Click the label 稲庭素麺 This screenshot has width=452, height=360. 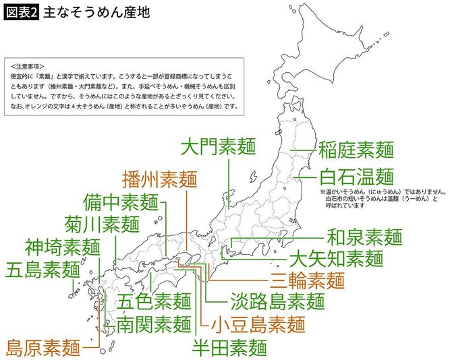[x=356, y=148]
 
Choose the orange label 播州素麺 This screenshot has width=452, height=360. [x=160, y=179]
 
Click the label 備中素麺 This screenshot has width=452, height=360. [x=121, y=202]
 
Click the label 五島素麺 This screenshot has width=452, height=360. [x=43, y=270]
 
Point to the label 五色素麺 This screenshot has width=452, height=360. [x=154, y=301]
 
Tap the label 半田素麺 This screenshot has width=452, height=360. [x=229, y=348]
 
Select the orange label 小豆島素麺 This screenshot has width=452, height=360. [x=258, y=324]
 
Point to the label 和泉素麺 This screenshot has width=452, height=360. [x=364, y=237]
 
